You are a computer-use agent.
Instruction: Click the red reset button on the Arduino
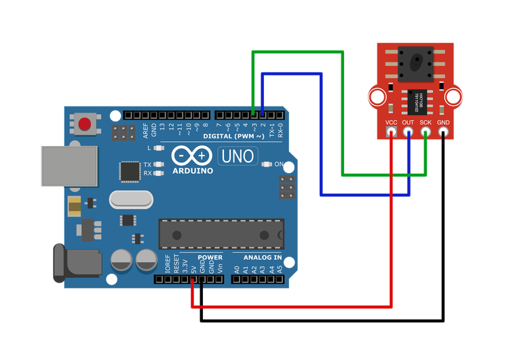click(x=85, y=124)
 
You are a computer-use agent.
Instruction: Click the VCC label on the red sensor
click(x=391, y=122)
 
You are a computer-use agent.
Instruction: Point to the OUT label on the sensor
click(x=408, y=122)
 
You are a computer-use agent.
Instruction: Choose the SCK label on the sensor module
click(x=426, y=122)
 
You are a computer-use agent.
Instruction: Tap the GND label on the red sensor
click(x=443, y=122)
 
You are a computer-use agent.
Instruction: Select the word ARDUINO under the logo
click(x=193, y=170)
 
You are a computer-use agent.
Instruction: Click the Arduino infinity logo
click(x=193, y=156)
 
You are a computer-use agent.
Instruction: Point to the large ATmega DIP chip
click(x=221, y=234)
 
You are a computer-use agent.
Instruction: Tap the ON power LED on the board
click(x=267, y=164)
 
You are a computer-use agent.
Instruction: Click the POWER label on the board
click(x=210, y=257)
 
